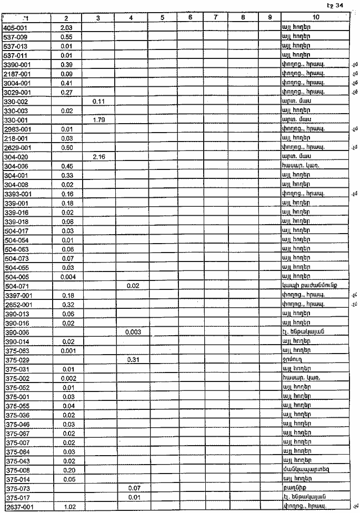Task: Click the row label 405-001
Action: pyautogui.click(x=14, y=26)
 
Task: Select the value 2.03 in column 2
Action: pyautogui.click(x=66, y=27)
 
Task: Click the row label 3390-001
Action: pyautogui.click(x=16, y=64)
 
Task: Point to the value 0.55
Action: pyautogui.click(x=66, y=36)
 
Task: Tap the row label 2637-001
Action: pyautogui.click(x=17, y=507)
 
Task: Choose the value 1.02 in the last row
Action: pyautogui.click(x=66, y=507)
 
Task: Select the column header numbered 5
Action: pyautogui.click(x=162, y=18)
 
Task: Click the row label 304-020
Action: pyautogui.click(x=14, y=157)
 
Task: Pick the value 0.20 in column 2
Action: pyautogui.click(x=66, y=470)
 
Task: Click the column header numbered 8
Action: pyautogui.click(x=242, y=18)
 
